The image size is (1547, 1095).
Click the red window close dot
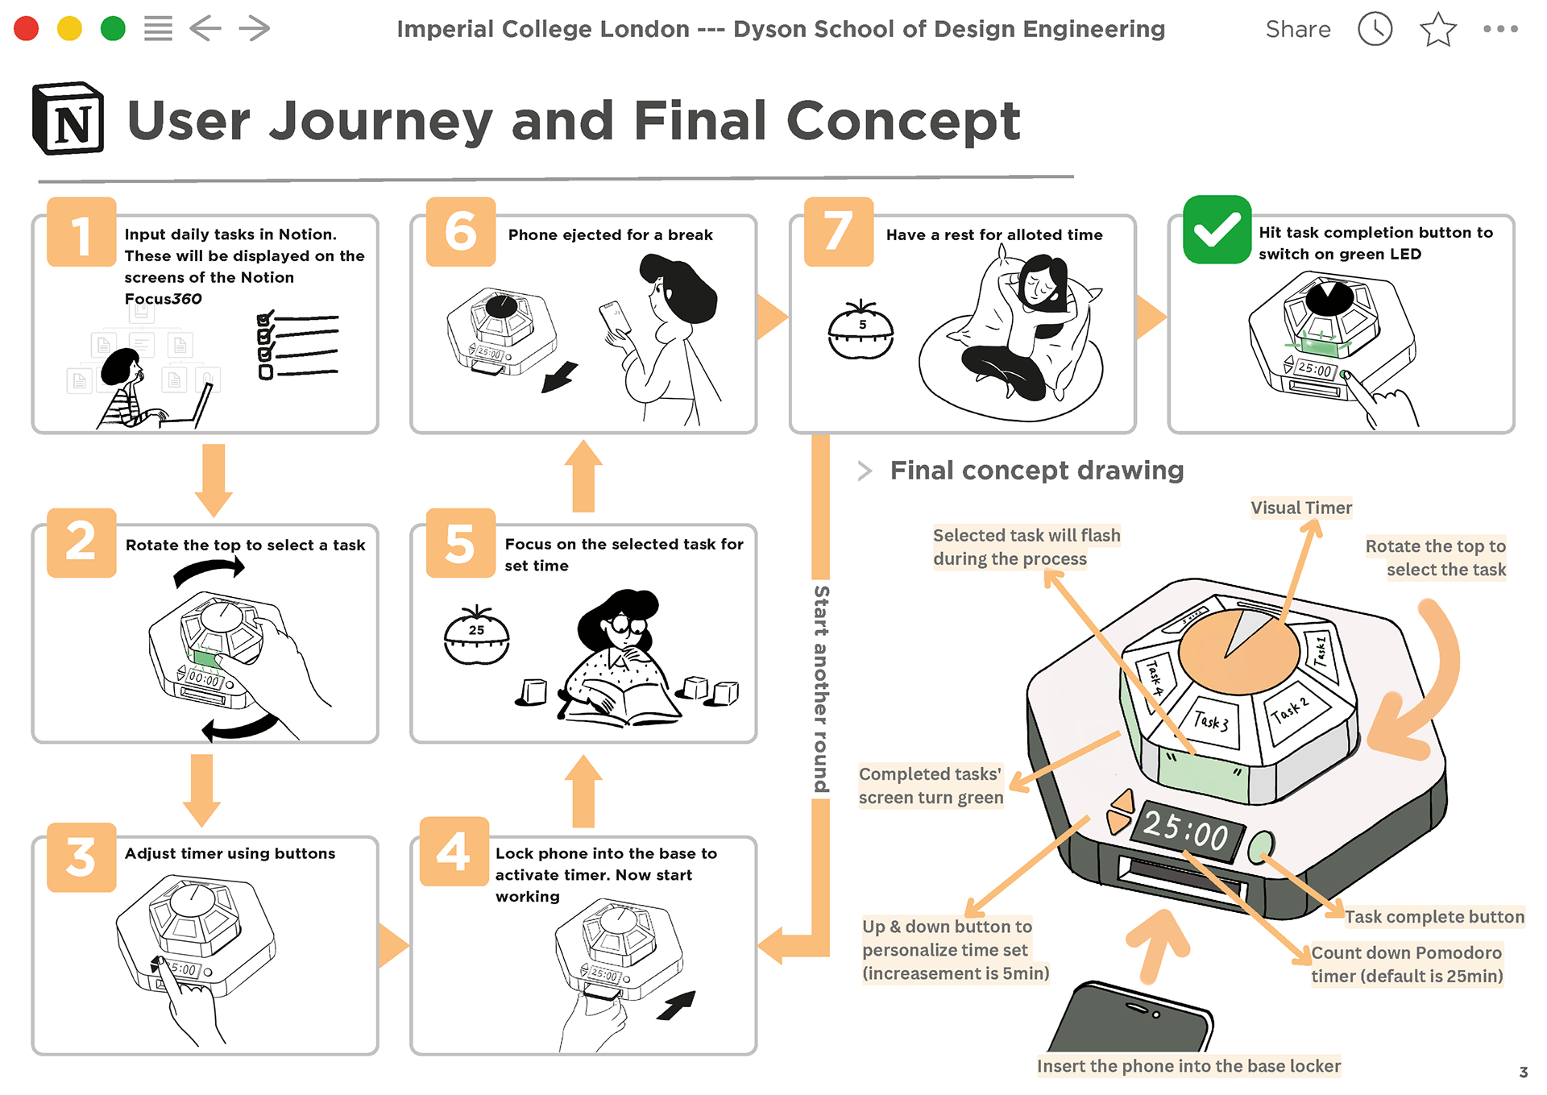[x=27, y=29]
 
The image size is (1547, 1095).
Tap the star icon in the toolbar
[x=1438, y=30]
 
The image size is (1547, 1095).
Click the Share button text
[x=1298, y=30]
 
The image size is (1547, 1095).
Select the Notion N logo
[x=68, y=118]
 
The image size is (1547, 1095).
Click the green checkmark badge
[x=1217, y=230]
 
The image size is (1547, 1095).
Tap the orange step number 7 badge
[x=839, y=232]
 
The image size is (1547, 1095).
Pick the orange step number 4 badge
[x=454, y=852]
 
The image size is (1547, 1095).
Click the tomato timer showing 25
[x=477, y=635]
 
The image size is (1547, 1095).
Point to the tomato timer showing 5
[x=861, y=330]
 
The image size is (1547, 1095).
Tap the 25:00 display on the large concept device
[x=1186, y=831]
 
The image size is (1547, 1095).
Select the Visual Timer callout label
[x=1301, y=508]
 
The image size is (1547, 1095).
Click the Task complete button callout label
[x=1434, y=917]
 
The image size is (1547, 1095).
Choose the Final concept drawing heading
[x=1037, y=470]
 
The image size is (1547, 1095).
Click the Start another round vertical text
[x=821, y=689]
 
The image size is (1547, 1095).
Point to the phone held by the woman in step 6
[x=615, y=319]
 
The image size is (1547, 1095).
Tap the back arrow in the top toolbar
[x=205, y=29]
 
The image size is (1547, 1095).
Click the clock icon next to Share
[x=1375, y=30]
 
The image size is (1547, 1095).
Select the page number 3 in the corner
[x=1523, y=1072]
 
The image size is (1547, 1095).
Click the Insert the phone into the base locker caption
[x=1189, y=1066]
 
